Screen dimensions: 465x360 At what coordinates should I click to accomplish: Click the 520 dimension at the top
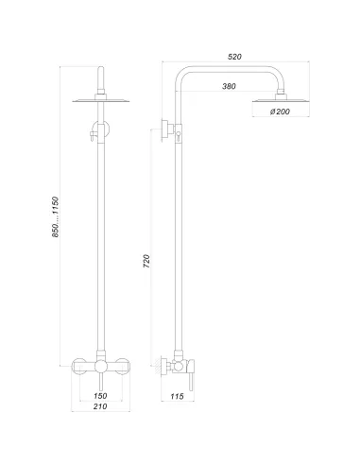235,57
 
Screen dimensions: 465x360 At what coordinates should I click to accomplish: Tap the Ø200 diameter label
280,113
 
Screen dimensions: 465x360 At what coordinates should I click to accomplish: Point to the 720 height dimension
146,262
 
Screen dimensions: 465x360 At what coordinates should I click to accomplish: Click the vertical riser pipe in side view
176,246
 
